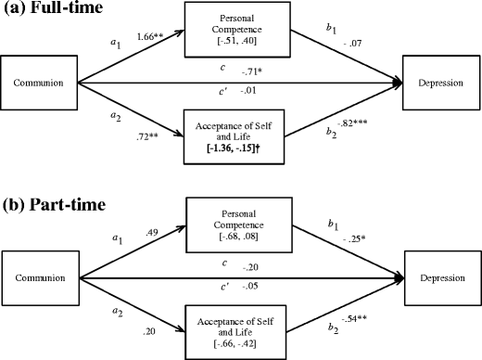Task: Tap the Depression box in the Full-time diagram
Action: [440, 83]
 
